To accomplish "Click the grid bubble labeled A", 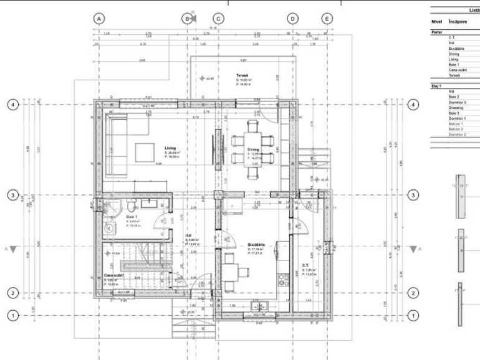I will (99, 19).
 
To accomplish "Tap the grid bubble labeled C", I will (218, 19).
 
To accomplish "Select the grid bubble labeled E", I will (327, 19).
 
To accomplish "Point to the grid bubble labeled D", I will (292, 19).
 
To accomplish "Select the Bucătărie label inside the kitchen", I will (256, 245).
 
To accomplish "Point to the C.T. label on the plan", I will (305, 265).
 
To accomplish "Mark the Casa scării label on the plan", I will (113, 275).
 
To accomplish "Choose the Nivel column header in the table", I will (436, 21).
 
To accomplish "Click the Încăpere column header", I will (458, 21).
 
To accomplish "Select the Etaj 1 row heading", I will (436, 85).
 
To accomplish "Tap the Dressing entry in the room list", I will (456, 108).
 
